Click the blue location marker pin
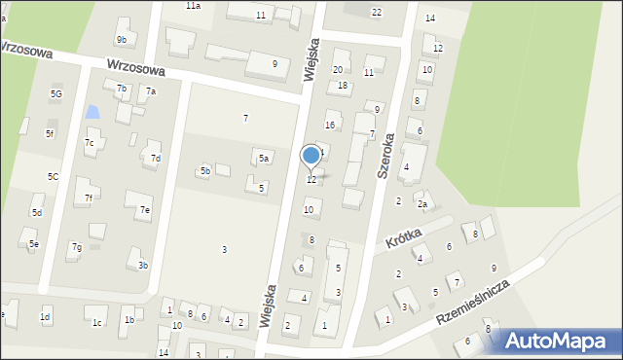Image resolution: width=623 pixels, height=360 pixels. [311, 156]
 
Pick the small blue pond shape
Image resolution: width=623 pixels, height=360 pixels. [92, 112]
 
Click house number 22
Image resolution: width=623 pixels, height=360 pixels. [377, 12]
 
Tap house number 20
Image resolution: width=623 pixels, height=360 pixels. [338, 69]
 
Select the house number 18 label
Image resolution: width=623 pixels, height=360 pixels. [342, 86]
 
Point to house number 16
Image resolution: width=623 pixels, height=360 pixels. [330, 125]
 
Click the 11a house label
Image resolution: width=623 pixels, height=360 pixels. [194, 6]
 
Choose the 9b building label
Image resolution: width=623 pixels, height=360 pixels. [121, 39]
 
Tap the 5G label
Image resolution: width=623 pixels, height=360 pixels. [55, 93]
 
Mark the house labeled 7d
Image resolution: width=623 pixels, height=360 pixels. [155, 158]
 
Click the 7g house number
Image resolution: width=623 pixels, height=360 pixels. [75, 247]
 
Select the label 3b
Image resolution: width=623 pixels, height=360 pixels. [142, 265]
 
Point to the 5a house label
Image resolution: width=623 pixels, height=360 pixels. [264, 158]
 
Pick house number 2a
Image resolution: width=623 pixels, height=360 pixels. [421, 204]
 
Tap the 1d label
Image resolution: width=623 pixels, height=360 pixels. [44, 317]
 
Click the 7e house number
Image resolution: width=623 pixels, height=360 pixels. [144, 209]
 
